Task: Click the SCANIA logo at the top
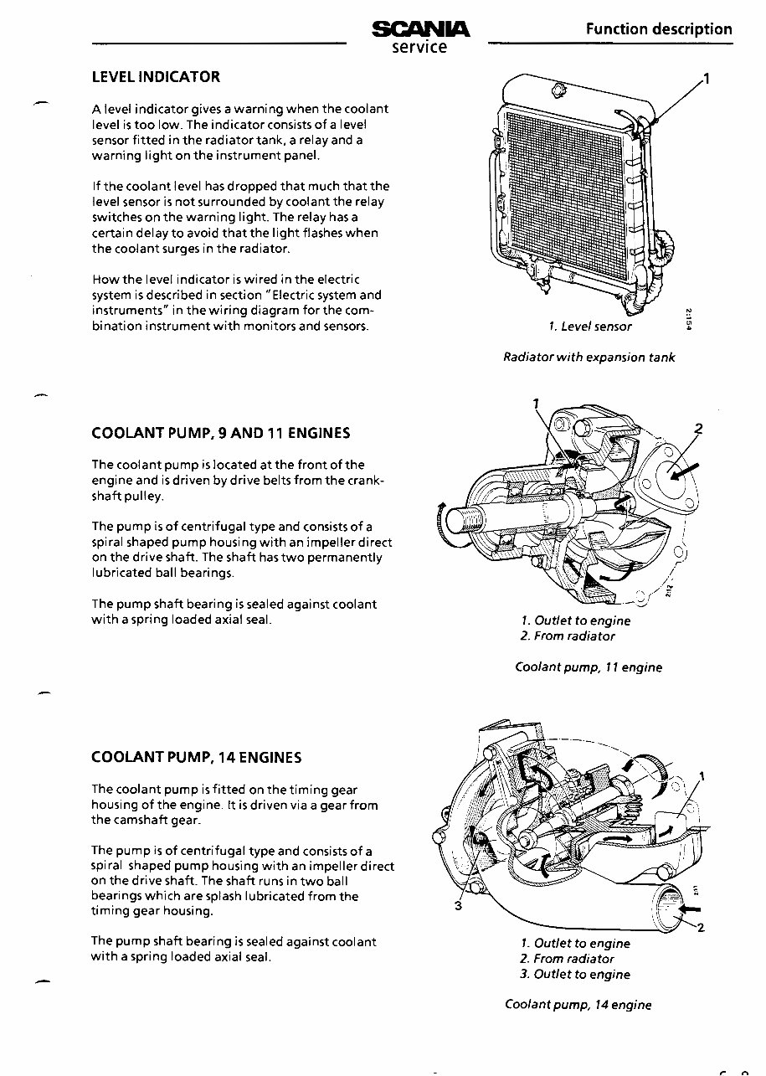[x=420, y=29]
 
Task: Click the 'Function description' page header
[x=659, y=29]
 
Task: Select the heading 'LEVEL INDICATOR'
[x=156, y=77]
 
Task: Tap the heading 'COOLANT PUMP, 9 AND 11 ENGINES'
[x=220, y=433]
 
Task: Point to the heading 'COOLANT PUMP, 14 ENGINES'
[x=196, y=758]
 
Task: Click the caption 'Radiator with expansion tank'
[x=589, y=358]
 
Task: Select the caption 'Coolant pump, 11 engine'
[x=589, y=667]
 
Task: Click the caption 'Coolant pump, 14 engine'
[x=578, y=1005]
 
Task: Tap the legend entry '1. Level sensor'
[x=590, y=326]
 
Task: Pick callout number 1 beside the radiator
[x=707, y=80]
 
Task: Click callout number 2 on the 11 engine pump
[x=699, y=429]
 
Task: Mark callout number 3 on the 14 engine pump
[x=458, y=906]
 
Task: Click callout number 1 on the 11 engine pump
[x=536, y=403]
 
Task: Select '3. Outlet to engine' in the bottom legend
[x=575, y=974]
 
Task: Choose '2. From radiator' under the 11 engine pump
[x=567, y=636]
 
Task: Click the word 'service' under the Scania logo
[x=420, y=47]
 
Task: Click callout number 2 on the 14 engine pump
[x=701, y=927]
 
